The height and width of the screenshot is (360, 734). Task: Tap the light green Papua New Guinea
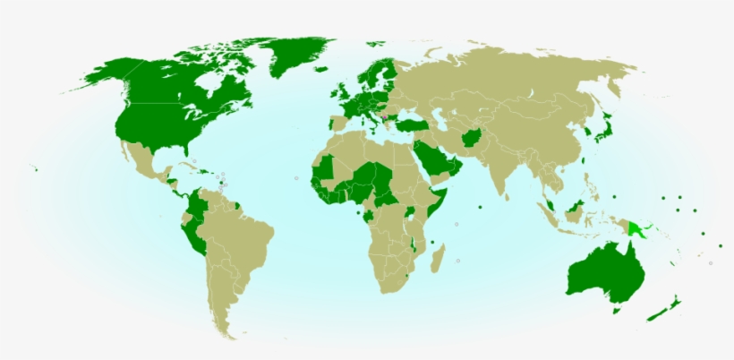(x=637, y=227)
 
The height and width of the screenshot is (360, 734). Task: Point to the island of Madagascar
(x=438, y=261)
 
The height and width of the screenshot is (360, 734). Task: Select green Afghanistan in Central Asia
(x=472, y=139)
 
